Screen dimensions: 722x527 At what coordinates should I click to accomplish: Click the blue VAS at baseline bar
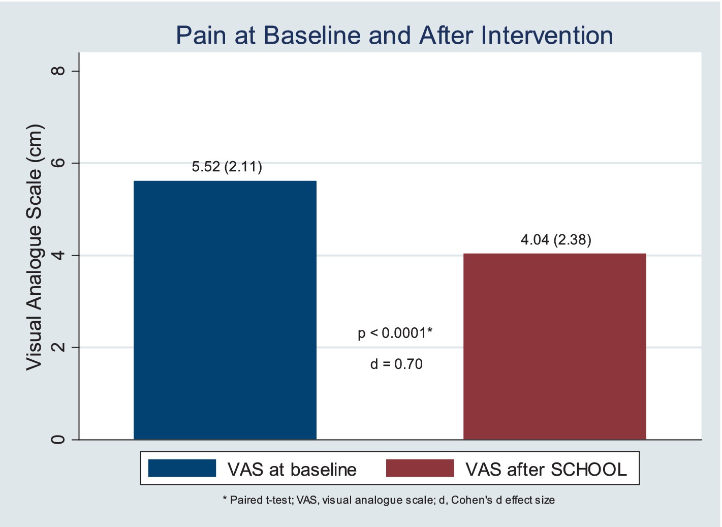tap(225, 310)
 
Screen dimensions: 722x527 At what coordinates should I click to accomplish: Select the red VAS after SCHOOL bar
tap(555, 347)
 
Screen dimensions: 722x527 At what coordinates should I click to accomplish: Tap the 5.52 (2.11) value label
tap(227, 167)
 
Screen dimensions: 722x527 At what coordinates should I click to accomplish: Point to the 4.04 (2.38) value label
tap(556, 240)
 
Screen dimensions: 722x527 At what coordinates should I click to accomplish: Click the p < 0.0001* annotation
tap(395, 333)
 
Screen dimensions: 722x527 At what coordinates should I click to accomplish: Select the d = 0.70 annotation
tap(396, 364)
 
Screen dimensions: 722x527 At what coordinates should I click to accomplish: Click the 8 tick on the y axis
tap(58, 71)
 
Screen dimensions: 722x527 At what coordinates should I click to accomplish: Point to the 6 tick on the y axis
tap(58, 163)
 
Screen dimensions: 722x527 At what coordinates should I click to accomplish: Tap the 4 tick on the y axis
tap(58, 255)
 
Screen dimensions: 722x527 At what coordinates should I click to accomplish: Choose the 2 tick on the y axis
tap(58, 347)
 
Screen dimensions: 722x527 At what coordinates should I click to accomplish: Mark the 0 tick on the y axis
tap(58, 439)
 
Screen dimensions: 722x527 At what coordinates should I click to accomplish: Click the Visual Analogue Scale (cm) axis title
tap(35, 247)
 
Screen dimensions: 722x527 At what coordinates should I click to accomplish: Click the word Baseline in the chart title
tap(312, 35)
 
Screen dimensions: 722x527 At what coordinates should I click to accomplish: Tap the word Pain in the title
tap(201, 35)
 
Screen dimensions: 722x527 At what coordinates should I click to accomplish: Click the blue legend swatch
tap(182, 468)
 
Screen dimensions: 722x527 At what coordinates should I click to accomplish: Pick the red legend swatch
tap(420, 468)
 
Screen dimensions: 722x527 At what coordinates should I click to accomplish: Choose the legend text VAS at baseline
tap(292, 469)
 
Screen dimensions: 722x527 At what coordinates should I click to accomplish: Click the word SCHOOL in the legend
tap(588, 469)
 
